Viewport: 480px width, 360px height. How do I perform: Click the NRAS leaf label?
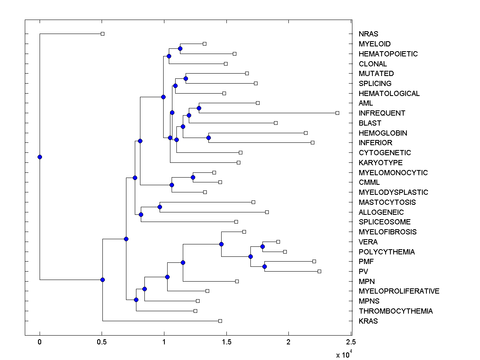click(368, 34)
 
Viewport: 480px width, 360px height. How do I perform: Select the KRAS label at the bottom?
click(368, 321)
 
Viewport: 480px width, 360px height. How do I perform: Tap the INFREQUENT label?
click(382, 113)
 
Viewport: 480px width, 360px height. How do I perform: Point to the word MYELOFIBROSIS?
click(388, 232)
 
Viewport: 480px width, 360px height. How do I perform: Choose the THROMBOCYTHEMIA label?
click(396, 311)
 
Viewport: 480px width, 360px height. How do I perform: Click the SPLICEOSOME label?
click(384, 222)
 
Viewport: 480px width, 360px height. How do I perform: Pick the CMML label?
click(369, 182)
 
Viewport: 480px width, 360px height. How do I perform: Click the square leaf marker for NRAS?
click(102, 34)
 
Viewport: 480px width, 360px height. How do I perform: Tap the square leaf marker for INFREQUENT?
click(337, 113)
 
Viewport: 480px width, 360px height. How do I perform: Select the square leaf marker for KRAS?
click(220, 321)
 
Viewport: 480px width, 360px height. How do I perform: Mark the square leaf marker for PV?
click(319, 271)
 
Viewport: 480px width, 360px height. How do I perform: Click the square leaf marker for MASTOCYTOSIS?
click(253, 202)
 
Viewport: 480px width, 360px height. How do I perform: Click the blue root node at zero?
click(40, 157)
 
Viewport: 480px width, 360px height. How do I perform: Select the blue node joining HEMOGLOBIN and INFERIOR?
click(208, 138)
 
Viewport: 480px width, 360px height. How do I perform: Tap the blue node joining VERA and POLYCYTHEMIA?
click(262, 246)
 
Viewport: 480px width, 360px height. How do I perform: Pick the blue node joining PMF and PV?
click(264, 266)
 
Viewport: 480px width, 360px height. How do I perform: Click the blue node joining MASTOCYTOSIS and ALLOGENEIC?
click(160, 207)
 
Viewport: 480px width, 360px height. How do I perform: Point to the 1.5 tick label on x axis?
click(226, 342)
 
